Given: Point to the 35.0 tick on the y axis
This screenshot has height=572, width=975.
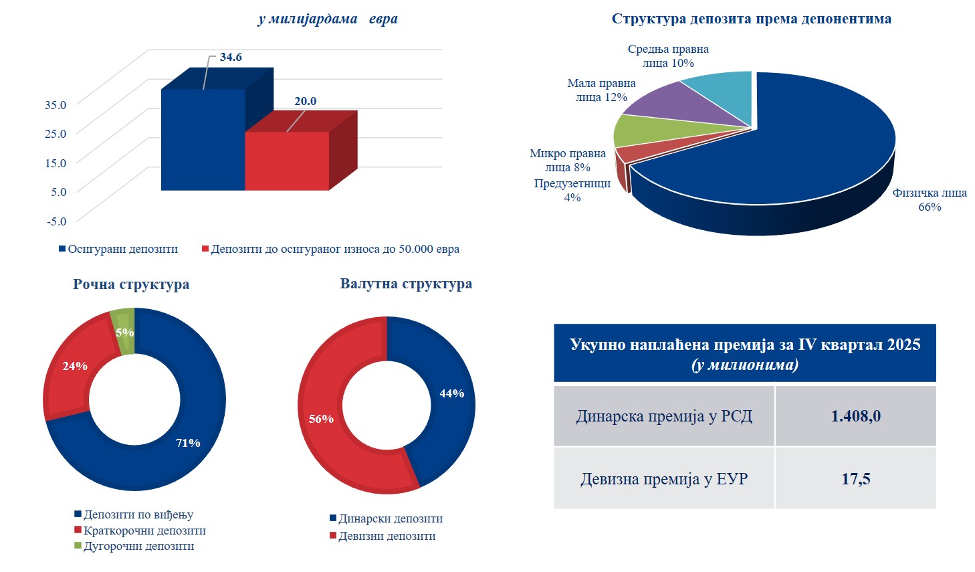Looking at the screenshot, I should [x=56, y=104].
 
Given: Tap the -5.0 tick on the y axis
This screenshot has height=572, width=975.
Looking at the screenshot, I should [x=56, y=221].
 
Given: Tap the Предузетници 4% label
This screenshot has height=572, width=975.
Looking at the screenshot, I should [x=572, y=190].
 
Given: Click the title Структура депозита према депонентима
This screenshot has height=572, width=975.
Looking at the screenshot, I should [x=751, y=19].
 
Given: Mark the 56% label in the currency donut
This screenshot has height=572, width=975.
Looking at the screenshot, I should [x=321, y=419].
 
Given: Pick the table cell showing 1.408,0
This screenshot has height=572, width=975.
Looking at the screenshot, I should [x=855, y=416].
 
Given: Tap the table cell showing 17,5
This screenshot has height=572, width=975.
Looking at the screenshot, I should [x=855, y=479].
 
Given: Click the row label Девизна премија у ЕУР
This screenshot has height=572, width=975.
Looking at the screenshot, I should [x=664, y=479].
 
